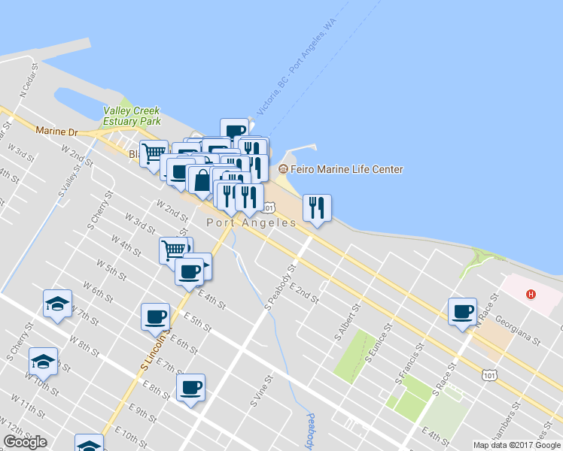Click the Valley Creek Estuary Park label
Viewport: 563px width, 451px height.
point(132,116)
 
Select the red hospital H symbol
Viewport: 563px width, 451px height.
point(531,294)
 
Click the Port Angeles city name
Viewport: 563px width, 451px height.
point(251,223)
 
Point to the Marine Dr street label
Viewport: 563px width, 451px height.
point(56,132)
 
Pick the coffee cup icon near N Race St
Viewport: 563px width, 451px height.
point(463,311)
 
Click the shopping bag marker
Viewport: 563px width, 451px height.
point(202,180)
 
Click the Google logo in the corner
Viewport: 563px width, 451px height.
point(26,442)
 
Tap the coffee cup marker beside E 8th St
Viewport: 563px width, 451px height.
point(190,388)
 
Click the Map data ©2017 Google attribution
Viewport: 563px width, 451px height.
point(516,445)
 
